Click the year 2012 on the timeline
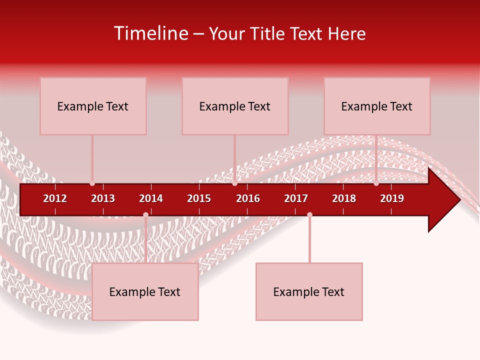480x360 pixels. tap(55, 198)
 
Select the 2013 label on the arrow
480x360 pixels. tap(103, 198)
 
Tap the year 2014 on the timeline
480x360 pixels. tap(151, 198)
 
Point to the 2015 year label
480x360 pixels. tap(199, 198)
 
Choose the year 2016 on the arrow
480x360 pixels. tap(248, 198)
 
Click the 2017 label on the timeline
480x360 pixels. tap(296, 198)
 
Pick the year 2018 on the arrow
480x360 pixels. tap(344, 198)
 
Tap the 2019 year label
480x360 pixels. tap(392, 198)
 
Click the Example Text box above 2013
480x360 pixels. tap(93, 106)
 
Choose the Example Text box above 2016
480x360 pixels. tap(235, 106)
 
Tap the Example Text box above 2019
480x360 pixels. tap(377, 106)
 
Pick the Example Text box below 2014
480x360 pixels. tap(145, 291)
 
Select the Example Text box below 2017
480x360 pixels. tap(309, 291)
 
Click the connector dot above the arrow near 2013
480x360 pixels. tap(92, 183)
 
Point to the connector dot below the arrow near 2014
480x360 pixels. tap(145, 214)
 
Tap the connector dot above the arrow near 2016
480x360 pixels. tap(234, 183)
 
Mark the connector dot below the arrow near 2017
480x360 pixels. tap(309, 214)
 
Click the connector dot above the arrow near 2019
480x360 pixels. tap(376, 183)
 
